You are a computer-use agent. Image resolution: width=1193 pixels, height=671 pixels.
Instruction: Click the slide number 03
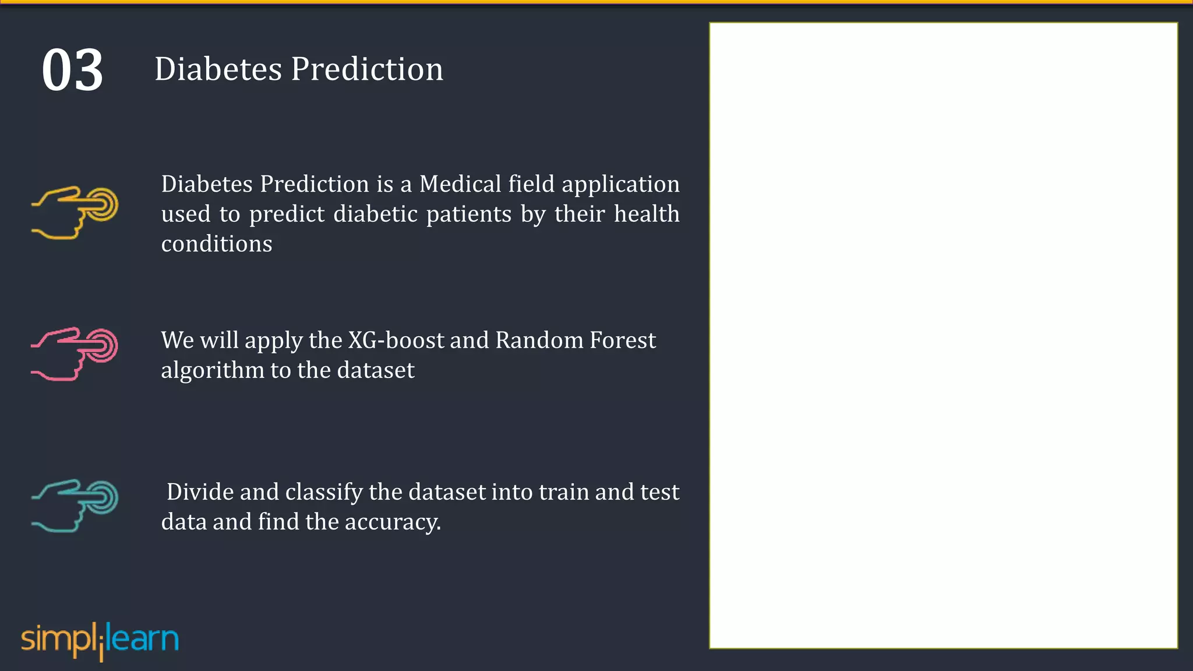(72, 70)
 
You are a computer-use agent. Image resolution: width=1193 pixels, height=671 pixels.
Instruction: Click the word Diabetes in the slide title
(218, 69)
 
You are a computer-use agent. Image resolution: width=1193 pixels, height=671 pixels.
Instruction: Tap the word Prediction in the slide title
(367, 69)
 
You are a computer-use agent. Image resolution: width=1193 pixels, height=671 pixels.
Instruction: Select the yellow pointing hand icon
(75, 212)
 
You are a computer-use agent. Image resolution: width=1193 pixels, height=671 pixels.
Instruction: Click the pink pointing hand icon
(75, 354)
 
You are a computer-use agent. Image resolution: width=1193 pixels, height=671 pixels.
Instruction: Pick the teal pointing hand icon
(75, 505)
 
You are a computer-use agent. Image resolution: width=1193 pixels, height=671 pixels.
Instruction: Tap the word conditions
(216, 244)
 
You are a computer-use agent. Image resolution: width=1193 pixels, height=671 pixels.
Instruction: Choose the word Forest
(622, 340)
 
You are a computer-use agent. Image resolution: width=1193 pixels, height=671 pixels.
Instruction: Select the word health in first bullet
(647, 214)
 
